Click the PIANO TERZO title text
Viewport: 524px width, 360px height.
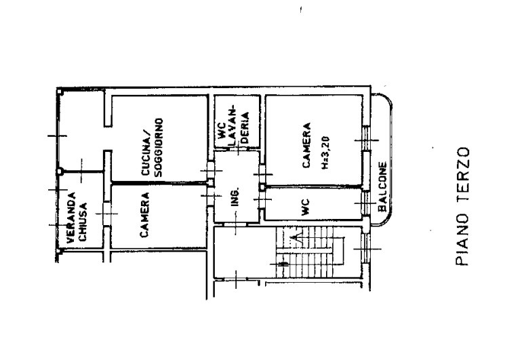tap(463, 207)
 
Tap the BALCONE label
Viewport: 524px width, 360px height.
tap(382, 187)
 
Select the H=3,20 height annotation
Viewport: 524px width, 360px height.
tap(325, 153)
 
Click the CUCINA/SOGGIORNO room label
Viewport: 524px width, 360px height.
tap(152, 147)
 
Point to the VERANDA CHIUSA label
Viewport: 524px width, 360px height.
tap(77, 218)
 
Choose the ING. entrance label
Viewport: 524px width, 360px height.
tap(235, 197)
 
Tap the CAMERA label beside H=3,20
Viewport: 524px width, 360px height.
tap(306, 145)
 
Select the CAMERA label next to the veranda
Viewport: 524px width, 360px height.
tap(144, 215)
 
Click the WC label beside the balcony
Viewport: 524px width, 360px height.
tap(306, 207)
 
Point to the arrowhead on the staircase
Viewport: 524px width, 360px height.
tap(295, 237)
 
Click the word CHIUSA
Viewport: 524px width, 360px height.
tap(83, 222)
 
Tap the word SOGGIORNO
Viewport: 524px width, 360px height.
tap(159, 147)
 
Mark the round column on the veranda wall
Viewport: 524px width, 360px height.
tap(60, 172)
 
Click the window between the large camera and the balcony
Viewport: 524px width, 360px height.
tap(367, 140)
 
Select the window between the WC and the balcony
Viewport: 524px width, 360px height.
tap(366, 203)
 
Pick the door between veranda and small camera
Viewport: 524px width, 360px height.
tap(106, 214)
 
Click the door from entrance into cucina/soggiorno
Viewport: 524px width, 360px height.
tap(211, 170)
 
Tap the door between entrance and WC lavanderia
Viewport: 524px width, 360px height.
tap(238, 149)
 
